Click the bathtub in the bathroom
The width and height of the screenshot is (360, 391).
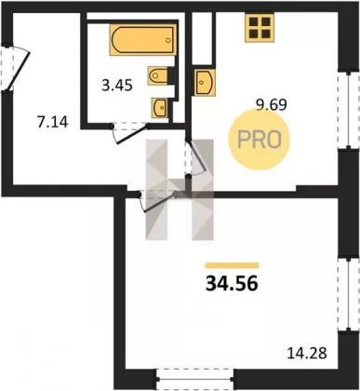click(x=142, y=40)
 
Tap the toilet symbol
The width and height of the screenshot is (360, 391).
click(x=158, y=74)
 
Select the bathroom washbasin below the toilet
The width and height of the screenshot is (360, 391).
click(x=160, y=108)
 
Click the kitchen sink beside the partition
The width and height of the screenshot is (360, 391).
click(x=205, y=82)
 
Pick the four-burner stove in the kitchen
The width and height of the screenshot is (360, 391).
click(x=260, y=27)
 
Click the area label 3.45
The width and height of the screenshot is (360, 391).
click(x=117, y=85)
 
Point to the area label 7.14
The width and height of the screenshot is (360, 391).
click(x=52, y=122)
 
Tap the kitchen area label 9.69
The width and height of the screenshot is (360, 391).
click(x=271, y=105)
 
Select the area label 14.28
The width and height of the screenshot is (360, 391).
click(x=307, y=354)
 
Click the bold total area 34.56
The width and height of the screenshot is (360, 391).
click(x=232, y=284)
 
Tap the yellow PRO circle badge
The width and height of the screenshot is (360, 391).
click(x=259, y=140)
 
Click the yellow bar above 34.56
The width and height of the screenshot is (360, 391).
click(x=232, y=265)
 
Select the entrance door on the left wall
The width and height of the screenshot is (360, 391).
click(x=15, y=68)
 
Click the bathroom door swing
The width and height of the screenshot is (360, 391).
click(x=130, y=134)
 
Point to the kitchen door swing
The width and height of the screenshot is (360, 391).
click(x=196, y=157)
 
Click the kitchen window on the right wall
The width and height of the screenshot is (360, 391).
click(x=349, y=111)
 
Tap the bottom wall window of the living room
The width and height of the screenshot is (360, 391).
click(x=195, y=379)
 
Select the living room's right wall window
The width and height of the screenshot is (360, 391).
click(x=349, y=294)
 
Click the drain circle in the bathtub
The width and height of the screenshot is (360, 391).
click(x=168, y=40)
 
